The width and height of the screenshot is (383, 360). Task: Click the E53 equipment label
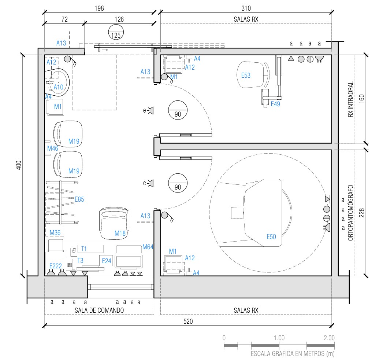click(x=246, y=75)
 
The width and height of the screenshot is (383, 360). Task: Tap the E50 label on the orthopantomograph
click(x=271, y=236)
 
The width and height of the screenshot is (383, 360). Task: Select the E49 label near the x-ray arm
click(x=275, y=104)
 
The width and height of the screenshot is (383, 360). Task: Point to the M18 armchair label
click(x=120, y=233)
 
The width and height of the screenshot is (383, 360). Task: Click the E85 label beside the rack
click(x=79, y=199)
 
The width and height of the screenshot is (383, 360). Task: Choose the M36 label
click(x=55, y=232)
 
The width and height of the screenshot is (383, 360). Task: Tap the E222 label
click(x=55, y=266)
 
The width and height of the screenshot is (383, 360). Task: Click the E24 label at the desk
click(x=107, y=261)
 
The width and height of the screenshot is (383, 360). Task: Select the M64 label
click(x=148, y=247)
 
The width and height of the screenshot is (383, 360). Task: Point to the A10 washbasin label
click(x=58, y=87)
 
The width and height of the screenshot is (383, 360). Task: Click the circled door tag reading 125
click(x=116, y=32)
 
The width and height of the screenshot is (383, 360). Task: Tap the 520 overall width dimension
click(x=188, y=321)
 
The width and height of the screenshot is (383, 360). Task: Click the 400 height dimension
click(x=19, y=165)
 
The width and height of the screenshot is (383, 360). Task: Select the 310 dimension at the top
click(x=246, y=8)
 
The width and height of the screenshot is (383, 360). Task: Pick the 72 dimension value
click(x=64, y=19)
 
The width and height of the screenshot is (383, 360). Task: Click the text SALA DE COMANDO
click(x=99, y=310)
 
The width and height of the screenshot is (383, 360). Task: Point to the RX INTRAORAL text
click(x=350, y=99)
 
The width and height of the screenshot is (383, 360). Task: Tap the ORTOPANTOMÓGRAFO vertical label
click(x=350, y=213)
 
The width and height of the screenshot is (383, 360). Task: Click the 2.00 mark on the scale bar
click(x=329, y=338)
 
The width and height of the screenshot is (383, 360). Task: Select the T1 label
click(x=84, y=249)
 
